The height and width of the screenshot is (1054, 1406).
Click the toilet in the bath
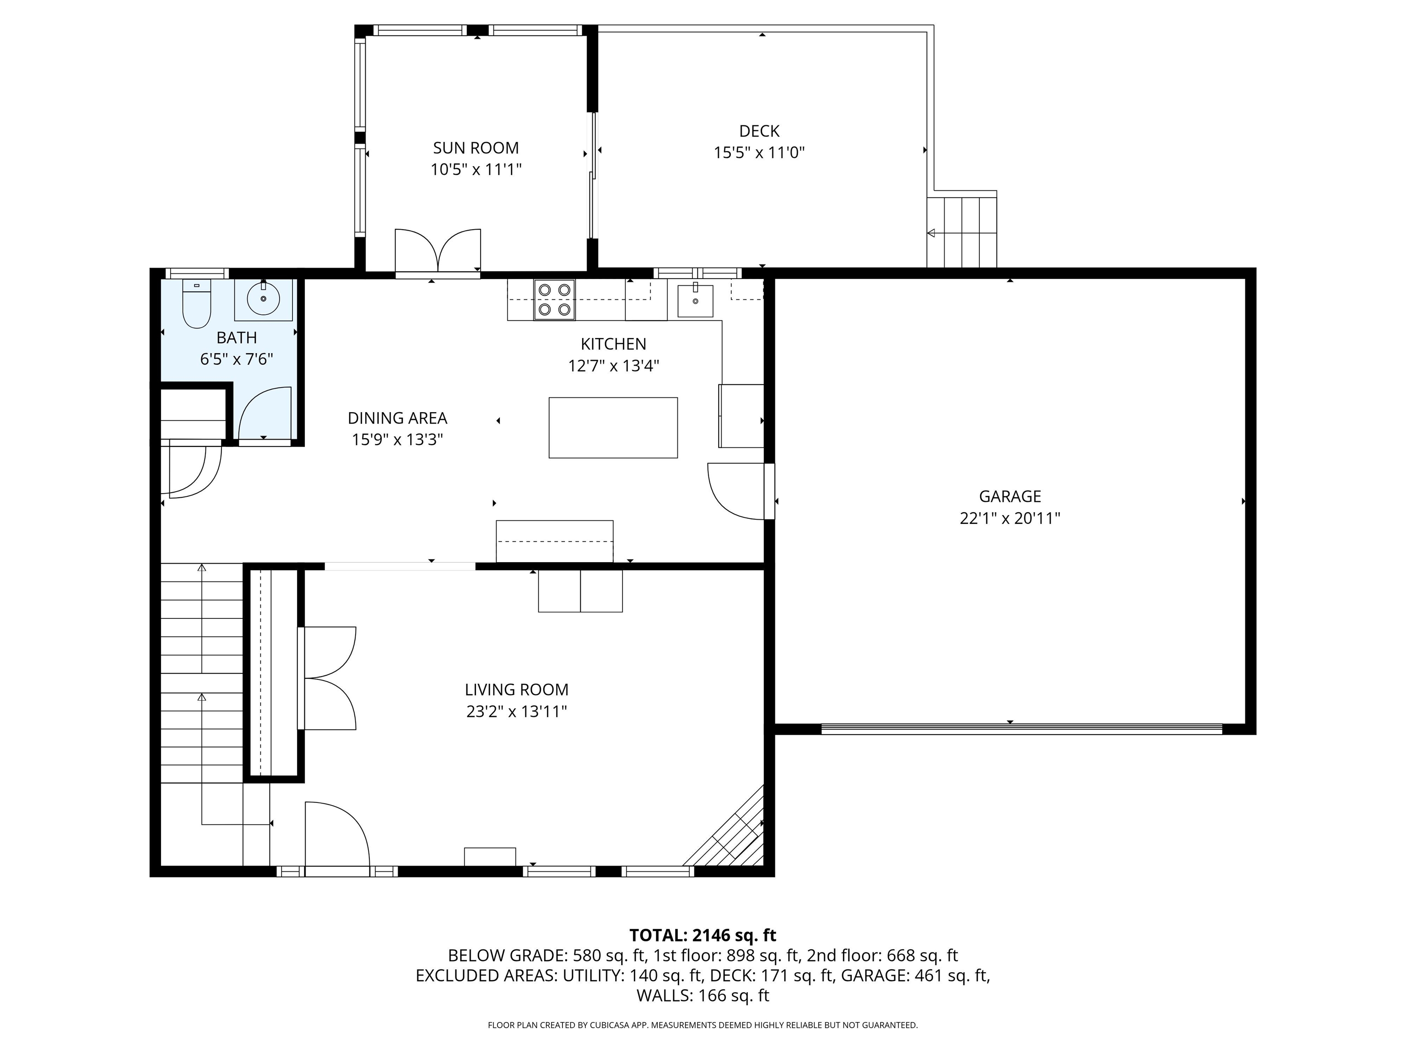point(196,305)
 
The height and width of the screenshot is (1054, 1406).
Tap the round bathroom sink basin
point(263,299)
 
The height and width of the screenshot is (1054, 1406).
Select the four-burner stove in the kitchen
point(554,300)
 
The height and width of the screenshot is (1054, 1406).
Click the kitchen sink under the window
point(695,301)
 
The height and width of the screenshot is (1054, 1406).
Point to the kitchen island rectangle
point(613,428)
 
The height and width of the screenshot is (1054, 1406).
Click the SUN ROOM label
point(476,148)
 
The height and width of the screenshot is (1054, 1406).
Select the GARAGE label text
point(1009,496)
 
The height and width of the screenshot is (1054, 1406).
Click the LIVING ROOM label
point(516,689)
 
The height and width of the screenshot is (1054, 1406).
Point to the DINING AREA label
point(397,418)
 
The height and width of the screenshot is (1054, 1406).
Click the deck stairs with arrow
point(962,232)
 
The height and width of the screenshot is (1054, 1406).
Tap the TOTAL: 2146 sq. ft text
point(703,935)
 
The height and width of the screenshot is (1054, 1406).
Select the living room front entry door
point(337,835)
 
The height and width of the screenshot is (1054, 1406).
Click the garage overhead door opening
point(1022,729)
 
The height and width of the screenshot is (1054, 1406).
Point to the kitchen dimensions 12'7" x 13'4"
point(613,366)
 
